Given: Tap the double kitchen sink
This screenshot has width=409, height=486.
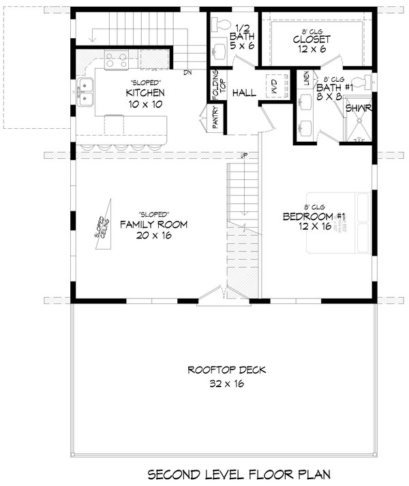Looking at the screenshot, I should click(86, 92).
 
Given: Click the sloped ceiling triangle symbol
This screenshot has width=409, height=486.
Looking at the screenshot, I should click(102, 226).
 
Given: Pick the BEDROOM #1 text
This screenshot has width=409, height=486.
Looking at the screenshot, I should click(315, 217).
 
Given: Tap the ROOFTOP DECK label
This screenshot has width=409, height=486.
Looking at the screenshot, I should click(217, 371).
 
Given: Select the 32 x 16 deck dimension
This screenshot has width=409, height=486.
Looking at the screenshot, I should click(217, 384).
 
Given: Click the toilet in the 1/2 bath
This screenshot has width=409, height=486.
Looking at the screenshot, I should click(222, 25).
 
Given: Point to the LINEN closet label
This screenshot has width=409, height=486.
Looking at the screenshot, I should click(306, 78).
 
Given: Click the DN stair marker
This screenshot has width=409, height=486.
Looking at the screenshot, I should click(196, 71).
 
